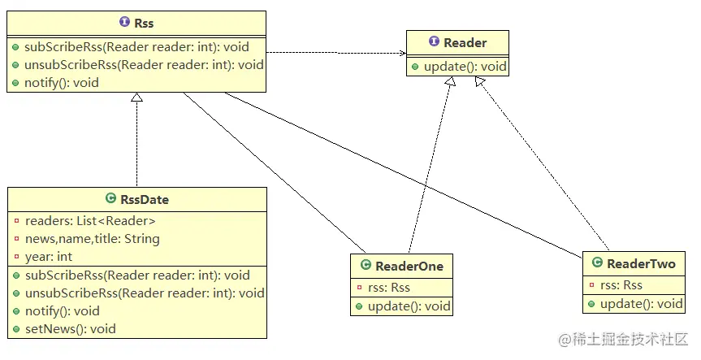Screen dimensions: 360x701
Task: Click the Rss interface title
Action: (143, 24)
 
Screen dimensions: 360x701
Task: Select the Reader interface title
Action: (465, 42)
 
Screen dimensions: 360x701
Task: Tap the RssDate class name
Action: (144, 199)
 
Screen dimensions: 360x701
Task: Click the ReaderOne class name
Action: (409, 266)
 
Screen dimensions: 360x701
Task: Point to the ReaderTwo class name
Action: (640, 263)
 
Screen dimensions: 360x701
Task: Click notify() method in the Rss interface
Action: (62, 83)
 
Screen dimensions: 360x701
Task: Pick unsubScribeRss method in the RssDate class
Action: (137, 293)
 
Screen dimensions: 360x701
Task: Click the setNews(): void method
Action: (71, 328)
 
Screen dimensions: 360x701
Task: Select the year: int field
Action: (49, 257)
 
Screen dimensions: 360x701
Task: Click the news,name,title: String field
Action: (93, 239)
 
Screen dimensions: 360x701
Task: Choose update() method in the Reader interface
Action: (465, 66)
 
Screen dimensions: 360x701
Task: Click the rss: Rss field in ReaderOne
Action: (389, 288)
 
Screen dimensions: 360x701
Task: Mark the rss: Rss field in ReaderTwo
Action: (621, 284)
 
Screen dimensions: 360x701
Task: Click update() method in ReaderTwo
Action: (640, 304)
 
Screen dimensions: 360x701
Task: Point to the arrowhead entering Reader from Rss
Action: (401, 54)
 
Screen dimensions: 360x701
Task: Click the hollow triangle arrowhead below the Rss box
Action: (136, 98)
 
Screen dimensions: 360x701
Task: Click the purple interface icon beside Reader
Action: (434, 42)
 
